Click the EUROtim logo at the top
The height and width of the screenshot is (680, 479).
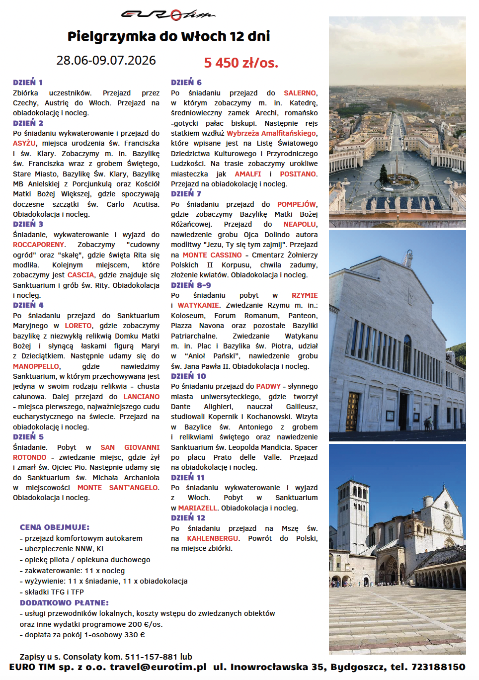[168, 15]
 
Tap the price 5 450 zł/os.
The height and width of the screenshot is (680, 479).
[241, 63]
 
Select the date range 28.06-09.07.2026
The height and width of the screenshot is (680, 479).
[106, 60]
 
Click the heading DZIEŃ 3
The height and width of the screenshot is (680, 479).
[28, 224]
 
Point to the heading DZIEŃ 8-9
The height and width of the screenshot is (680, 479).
[191, 285]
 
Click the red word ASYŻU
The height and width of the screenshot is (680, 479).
[24, 143]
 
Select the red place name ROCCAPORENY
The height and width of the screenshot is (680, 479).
[39, 245]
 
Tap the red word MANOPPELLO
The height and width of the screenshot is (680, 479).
[36, 366]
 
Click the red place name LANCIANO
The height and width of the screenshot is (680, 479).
[142, 397]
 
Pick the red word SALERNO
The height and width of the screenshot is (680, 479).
[300, 93]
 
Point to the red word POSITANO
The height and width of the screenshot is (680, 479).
[298, 174]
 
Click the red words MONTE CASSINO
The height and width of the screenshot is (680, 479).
[212, 255]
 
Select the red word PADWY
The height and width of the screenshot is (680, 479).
[268, 386]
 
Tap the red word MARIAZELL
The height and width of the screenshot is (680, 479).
[198, 508]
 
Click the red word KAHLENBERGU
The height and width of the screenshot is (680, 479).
[213, 538]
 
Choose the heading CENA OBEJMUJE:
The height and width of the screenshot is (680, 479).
[55, 527]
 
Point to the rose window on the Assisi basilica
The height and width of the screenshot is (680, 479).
[447, 522]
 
